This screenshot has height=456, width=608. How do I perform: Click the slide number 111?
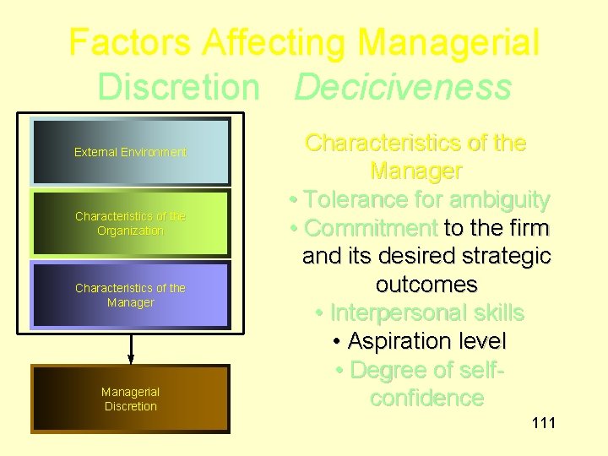[543, 422]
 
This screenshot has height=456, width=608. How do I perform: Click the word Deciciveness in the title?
[403, 86]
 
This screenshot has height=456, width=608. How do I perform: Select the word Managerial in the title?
[448, 42]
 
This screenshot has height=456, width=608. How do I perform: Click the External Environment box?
[130, 152]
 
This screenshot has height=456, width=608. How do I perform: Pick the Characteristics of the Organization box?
[130, 224]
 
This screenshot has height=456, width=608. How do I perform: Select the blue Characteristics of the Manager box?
[130, 295]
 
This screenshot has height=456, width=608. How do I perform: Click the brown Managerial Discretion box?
[130, 399]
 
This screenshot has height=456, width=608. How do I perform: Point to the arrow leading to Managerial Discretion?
[131, 346]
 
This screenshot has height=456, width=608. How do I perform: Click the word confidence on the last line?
[426, 398]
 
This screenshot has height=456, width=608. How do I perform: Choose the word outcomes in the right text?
[426, 285]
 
